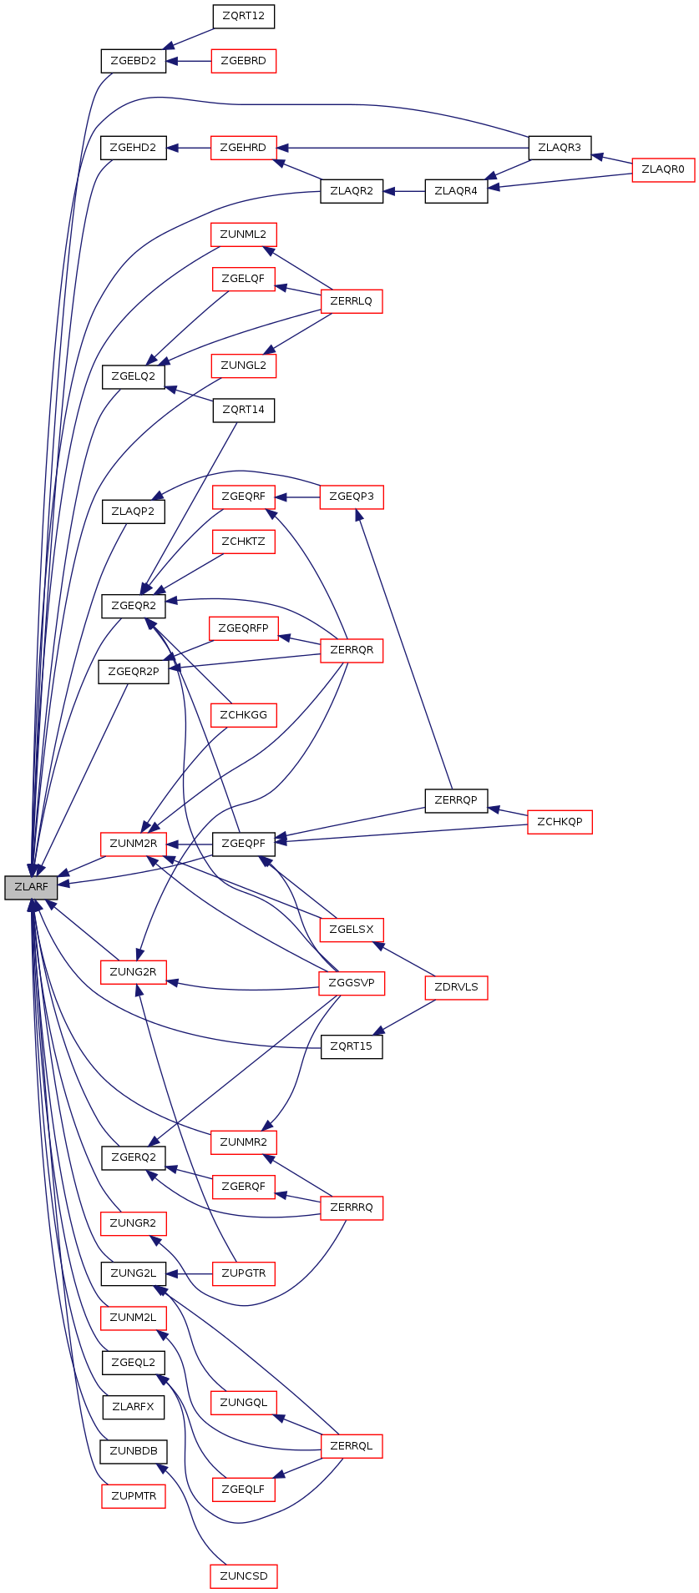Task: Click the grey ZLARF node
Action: [31, 887]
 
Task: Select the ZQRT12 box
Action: [243, 16]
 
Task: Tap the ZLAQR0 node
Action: [663, 169]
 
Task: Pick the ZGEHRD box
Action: [243, 148]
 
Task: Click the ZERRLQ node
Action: [352, 300]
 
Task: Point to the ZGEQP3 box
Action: [352, 497]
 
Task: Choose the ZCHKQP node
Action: [560, 822]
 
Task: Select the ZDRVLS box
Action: [456, 987]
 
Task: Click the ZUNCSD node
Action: [244, 1576]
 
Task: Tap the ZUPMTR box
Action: [134, 1496]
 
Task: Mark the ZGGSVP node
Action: [352, 983]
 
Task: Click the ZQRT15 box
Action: [352, 1046]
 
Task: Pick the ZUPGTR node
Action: [243, 1273]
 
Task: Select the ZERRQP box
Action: [456, 800]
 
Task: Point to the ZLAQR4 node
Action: [456, 191]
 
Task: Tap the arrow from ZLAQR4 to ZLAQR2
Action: [404, 191]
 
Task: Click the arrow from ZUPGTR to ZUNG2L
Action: [190, 1273]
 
